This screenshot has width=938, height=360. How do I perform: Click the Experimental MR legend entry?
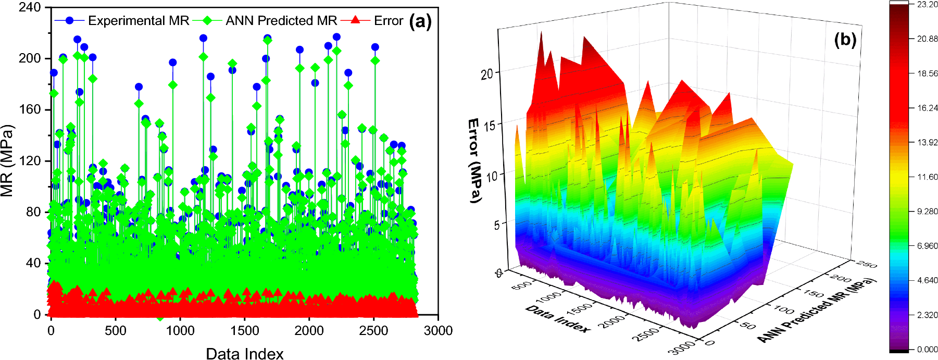click(x=138, y=21)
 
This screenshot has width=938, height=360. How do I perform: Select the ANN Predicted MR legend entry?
click(x=281, y=21)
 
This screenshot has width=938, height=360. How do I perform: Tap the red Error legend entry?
click(x=388, y=21)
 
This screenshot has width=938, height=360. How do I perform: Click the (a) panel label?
click(x=420, y=21)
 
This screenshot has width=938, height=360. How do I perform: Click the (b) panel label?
click(x=845, y=40)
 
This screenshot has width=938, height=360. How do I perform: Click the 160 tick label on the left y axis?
click(x=30, y=109)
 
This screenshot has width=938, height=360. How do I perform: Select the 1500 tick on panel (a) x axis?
click(x=244, y=331)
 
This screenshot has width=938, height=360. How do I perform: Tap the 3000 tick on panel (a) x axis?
click(x=438, y=331)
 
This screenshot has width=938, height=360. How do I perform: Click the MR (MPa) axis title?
click(x=7, y=160)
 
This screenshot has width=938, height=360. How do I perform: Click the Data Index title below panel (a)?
click(x=244, y=354)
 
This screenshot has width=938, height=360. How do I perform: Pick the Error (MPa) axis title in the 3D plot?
click(x=473, y=160)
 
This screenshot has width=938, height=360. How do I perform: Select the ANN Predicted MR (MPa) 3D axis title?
click(x=817, y=311)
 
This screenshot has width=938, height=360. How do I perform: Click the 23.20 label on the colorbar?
click(x=927, y=5)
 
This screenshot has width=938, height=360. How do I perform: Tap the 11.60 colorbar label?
click(x=927, y=177)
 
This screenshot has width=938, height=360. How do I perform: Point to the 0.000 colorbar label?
click(x=927, y=350)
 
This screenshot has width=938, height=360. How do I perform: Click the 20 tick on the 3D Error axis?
click(x=486, y=74)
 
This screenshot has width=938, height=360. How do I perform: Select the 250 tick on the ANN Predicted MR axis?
click(x=866, y=265)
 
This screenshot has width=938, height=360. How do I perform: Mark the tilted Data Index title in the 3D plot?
click(x=557, y=319)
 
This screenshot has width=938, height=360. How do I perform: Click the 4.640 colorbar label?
click(x=927, y=280)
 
